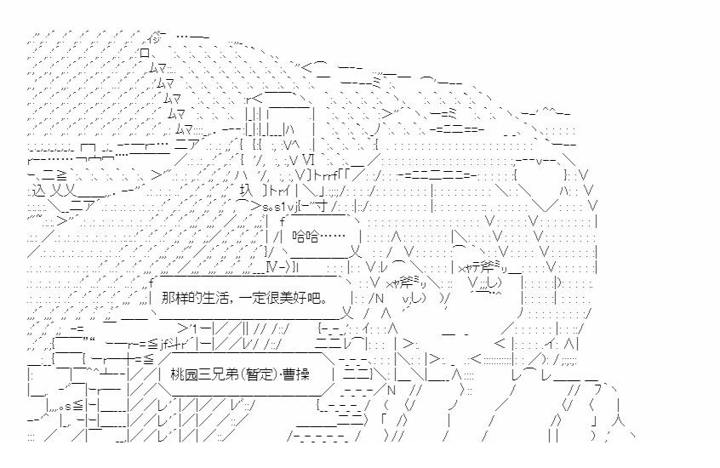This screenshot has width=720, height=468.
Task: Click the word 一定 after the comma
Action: pyautogui.click(x=252, y=300)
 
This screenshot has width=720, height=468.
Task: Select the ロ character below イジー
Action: pyautogui.click(x=146, y=53)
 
